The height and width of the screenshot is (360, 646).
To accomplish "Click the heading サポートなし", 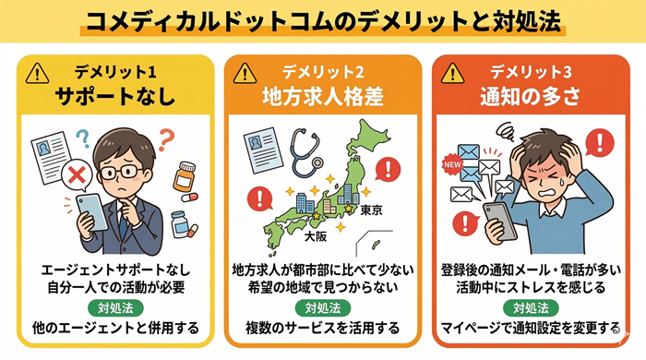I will [115, 95].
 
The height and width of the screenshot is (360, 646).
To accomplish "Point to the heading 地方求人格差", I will [323, 95].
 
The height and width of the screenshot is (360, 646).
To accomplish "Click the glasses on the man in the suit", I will [120, 171].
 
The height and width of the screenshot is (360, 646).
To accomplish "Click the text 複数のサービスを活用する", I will [323, 327].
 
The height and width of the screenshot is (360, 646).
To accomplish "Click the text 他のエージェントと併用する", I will [114, 327].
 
